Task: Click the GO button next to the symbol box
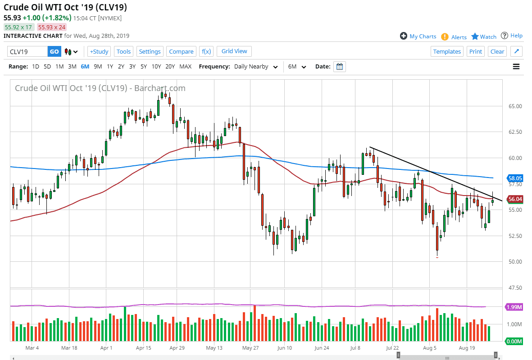54,51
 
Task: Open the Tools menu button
123,51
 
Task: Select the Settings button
150,51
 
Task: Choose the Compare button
181,51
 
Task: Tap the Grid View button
234,51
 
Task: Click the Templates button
447,51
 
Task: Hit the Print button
475,51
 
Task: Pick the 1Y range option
110,66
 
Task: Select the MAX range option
185,66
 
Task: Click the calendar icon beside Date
340,67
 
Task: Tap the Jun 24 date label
321,348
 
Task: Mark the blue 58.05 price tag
514,178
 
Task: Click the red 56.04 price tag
514,199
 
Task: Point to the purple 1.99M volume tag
514,307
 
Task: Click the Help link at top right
512,36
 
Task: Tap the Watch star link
484,36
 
